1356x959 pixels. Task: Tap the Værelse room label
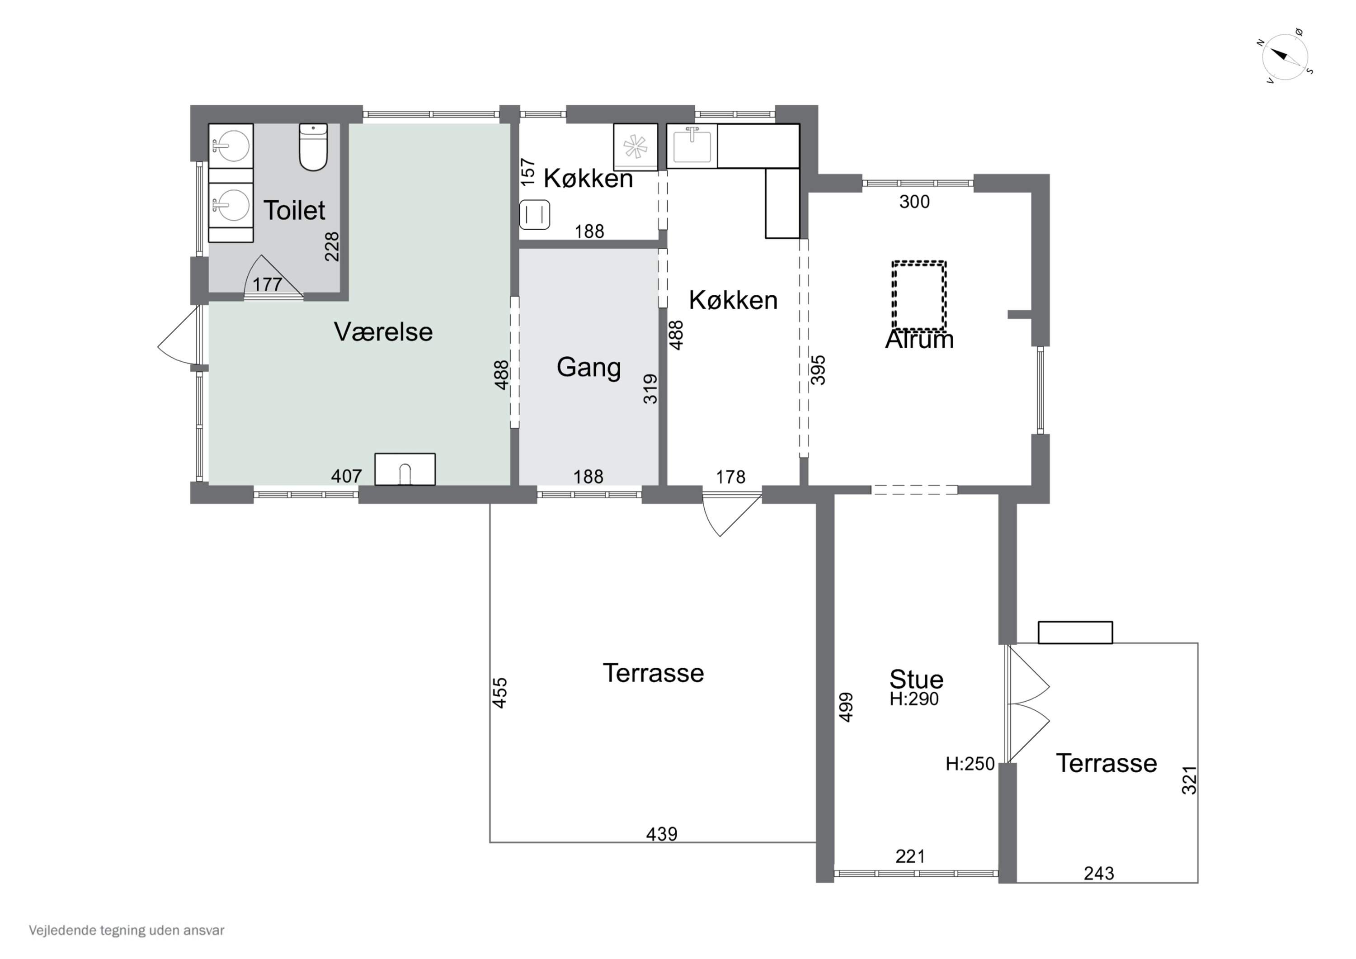tap(383, 332)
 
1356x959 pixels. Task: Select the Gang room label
tap(589, 368)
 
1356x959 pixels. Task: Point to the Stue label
tap(917, 680)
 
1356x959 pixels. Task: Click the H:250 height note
tap(970, 764)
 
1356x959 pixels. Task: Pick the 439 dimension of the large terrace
tap(661, 834)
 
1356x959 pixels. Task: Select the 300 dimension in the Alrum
tap(914, 202)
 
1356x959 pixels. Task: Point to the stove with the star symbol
tap(636, 147)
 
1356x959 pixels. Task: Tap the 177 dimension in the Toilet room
tap(268, 285)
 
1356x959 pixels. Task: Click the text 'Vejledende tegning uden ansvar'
tap(127, 930)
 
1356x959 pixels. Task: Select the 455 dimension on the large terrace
tap(499, 693)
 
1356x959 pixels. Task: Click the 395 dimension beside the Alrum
tap(818, 370)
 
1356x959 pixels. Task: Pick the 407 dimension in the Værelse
tap(346, 476)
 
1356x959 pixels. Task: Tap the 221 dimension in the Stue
tap(910, 856)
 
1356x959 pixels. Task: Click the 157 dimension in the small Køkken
tap(528, 172)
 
